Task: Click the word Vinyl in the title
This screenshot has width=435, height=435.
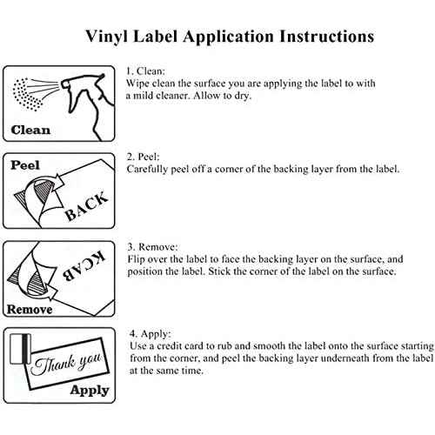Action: (106, 37)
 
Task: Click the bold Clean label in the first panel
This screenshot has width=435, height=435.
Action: (30, 130)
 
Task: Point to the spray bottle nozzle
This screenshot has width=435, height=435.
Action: (65, 84)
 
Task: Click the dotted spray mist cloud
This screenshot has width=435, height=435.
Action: (27, 94)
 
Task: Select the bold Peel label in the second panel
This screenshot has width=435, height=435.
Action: (25, 165)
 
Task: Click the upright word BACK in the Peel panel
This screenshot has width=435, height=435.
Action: (86, 206)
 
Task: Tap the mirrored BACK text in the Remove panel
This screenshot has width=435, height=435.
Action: (84, 266)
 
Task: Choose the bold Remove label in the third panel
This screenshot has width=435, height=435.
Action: (30, 310)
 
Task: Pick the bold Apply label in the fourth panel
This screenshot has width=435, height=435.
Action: (90, 390)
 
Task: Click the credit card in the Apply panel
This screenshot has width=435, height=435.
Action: (20, 349)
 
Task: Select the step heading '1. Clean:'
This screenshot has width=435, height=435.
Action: (145, 71)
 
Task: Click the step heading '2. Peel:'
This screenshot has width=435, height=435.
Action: (144, 157)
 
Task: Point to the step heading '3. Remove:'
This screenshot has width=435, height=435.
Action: (152, 247)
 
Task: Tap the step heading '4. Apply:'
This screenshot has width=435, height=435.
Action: (151, 333)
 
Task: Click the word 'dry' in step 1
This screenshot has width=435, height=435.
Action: (242, 96)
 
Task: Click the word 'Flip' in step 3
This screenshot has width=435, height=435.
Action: (135, 259)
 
